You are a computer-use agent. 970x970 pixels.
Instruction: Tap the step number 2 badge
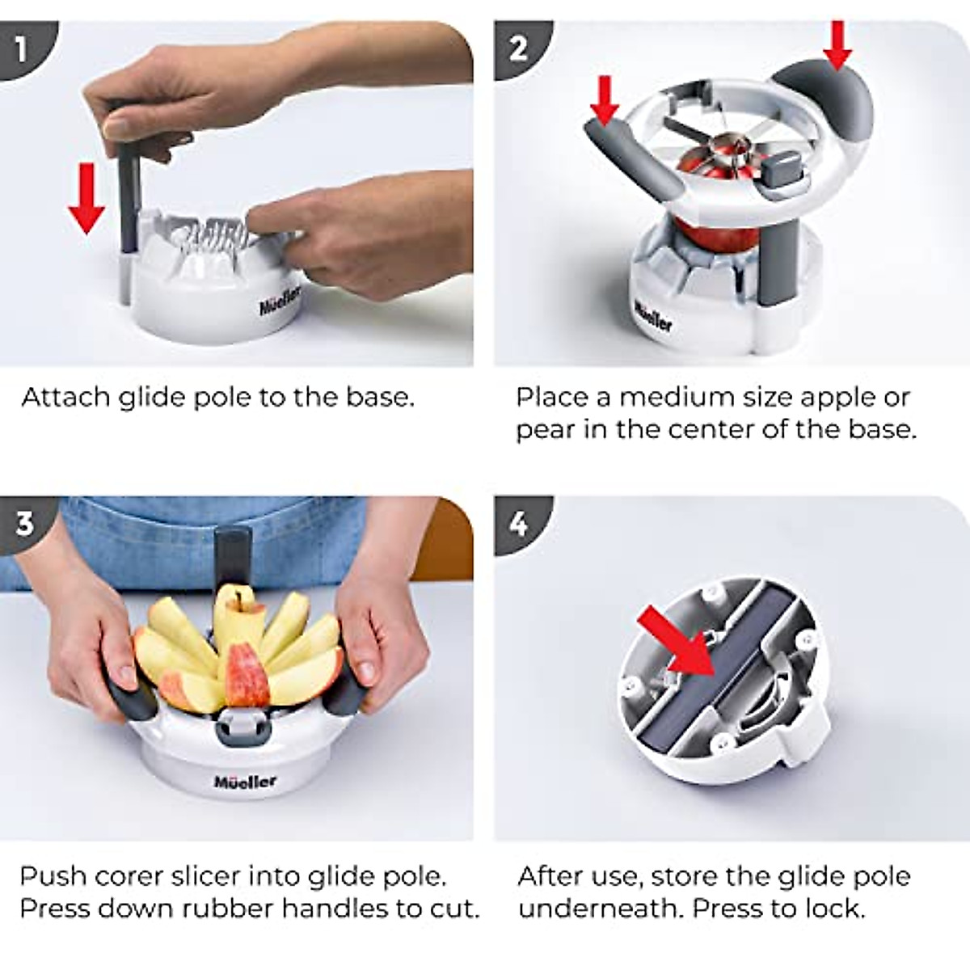pos(518,48)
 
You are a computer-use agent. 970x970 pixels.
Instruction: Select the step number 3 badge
pos(24,523)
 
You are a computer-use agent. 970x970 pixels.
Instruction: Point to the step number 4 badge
pos(518,524)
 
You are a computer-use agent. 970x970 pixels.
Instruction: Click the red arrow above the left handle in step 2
pos(605,101)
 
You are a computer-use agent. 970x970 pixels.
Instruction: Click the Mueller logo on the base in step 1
pos(280,302)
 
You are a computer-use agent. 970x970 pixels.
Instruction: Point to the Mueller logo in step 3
pos(245,781)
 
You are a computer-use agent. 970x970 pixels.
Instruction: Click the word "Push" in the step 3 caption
pos(53,876)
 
